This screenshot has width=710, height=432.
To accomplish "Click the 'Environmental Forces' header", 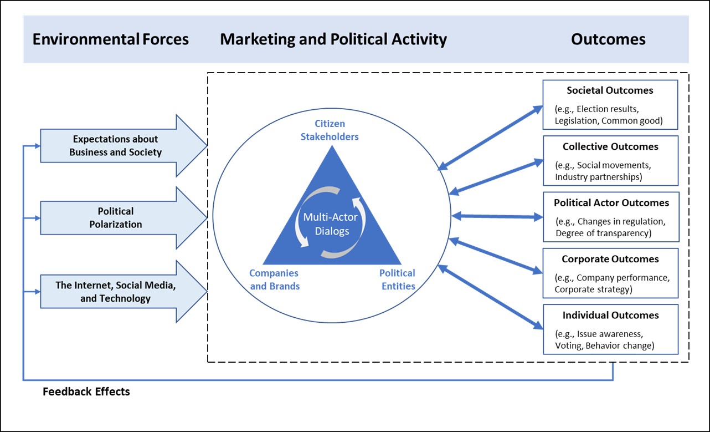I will tap(111, 39).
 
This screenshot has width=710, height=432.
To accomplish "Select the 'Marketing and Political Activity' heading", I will tap(333, 39).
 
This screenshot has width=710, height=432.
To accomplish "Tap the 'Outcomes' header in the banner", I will tap(608, 39).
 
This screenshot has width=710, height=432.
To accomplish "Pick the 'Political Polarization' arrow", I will tap(116, 218).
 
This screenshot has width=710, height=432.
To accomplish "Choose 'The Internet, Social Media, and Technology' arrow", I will tap(115, 292).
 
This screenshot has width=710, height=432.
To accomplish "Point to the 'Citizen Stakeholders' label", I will tap(330, 130).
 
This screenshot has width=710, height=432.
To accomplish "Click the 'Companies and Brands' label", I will tap(274, 279).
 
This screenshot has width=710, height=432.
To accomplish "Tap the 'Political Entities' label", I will tap(397, 279).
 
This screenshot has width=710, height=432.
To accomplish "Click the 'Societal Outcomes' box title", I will tap(610, 90).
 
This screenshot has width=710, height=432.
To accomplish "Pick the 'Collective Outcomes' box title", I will tap(610, 147).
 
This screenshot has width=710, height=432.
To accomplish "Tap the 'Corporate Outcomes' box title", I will tap(610, 259).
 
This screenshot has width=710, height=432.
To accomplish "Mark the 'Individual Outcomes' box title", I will tap(610, 316).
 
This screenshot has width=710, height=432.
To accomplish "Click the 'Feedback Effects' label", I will tap(86, 392).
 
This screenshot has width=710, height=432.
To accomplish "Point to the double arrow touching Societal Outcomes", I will tap(490, 137).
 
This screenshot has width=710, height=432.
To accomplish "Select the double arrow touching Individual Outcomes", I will tap(490, 297).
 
